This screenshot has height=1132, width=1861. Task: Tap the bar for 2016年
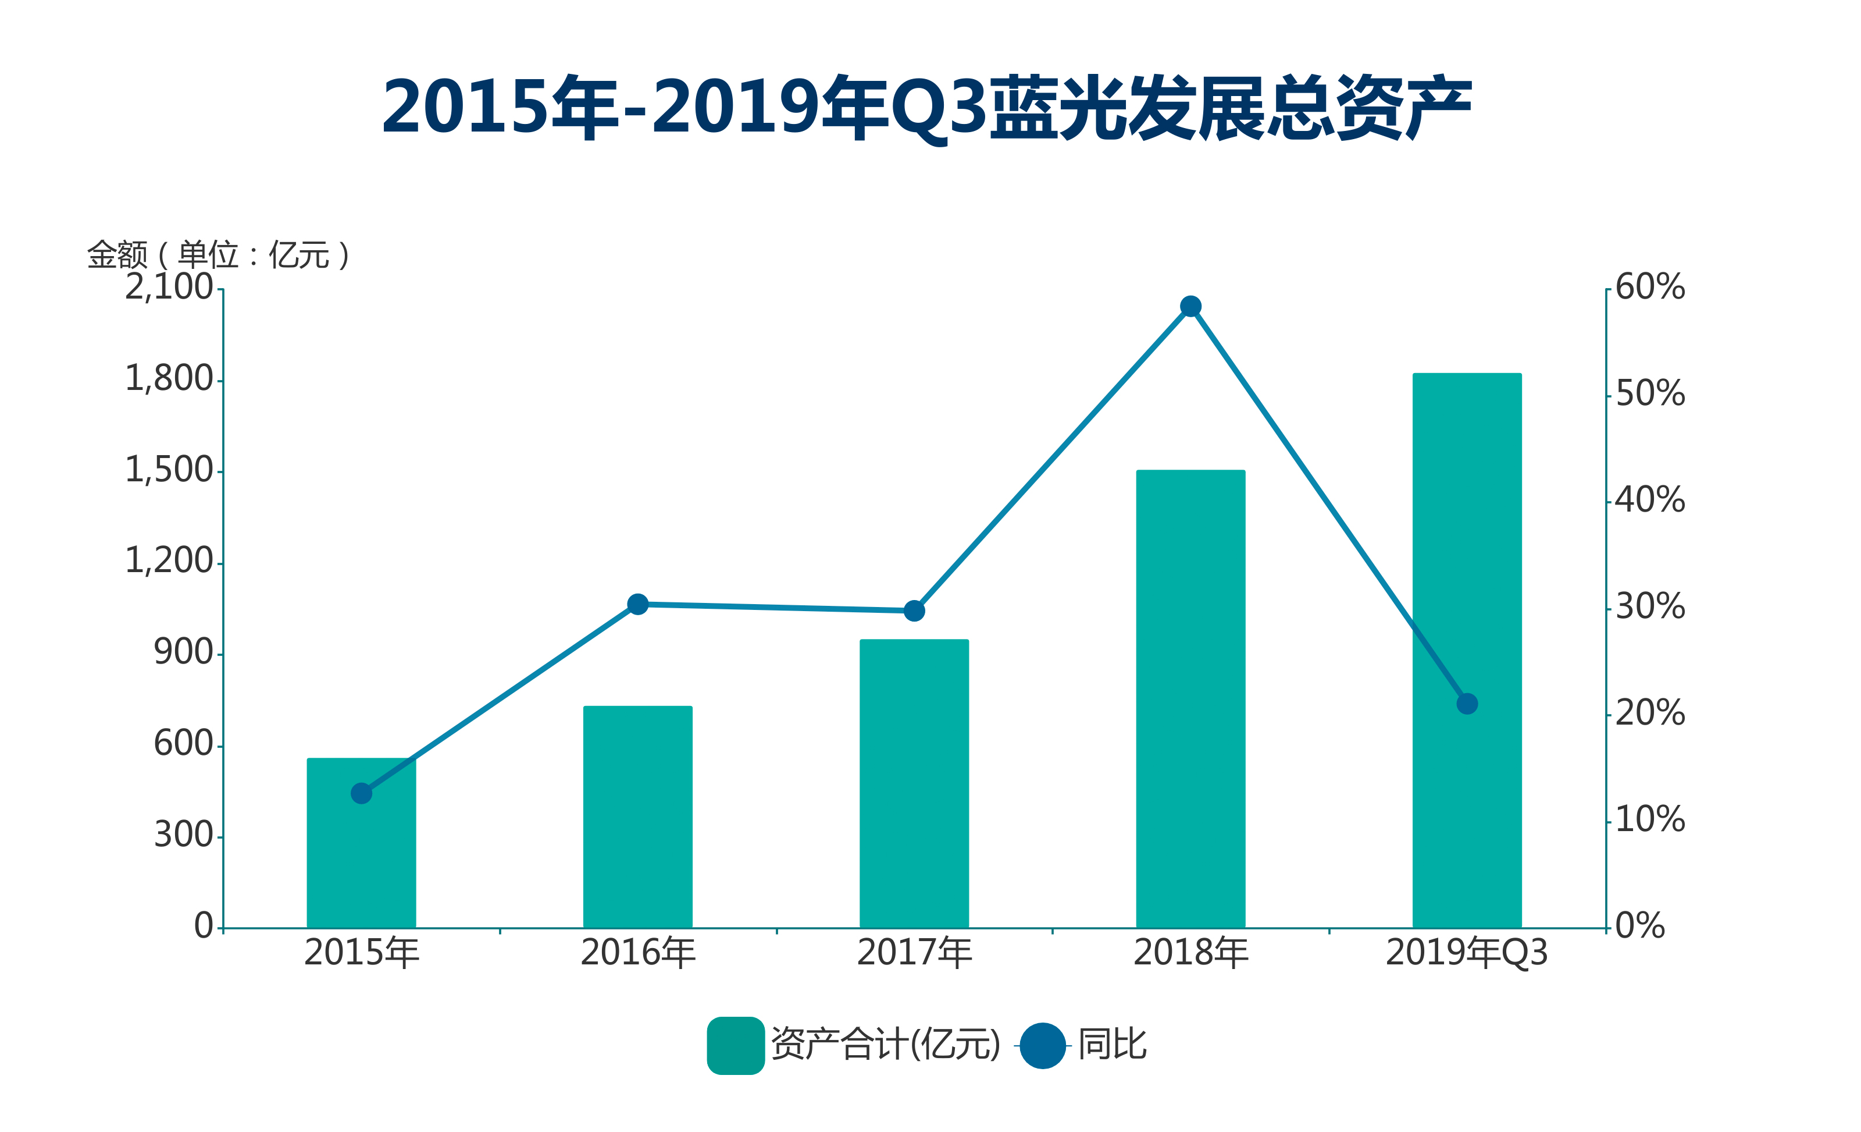click(x=637, y=816)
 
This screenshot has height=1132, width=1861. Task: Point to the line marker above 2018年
click(x=1190, y=306)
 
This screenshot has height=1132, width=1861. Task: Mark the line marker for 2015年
click(x=361, y=793)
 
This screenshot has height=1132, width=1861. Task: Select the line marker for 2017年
click(x=914, y=611)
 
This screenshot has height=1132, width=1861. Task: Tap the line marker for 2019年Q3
click(x=1467, y=704)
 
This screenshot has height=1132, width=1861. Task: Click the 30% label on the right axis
click(x=1649, y=607)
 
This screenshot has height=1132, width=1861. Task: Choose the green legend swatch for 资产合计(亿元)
click(x=735, y=1046)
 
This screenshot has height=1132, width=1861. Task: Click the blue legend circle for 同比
click(x=1042, y=1046)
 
